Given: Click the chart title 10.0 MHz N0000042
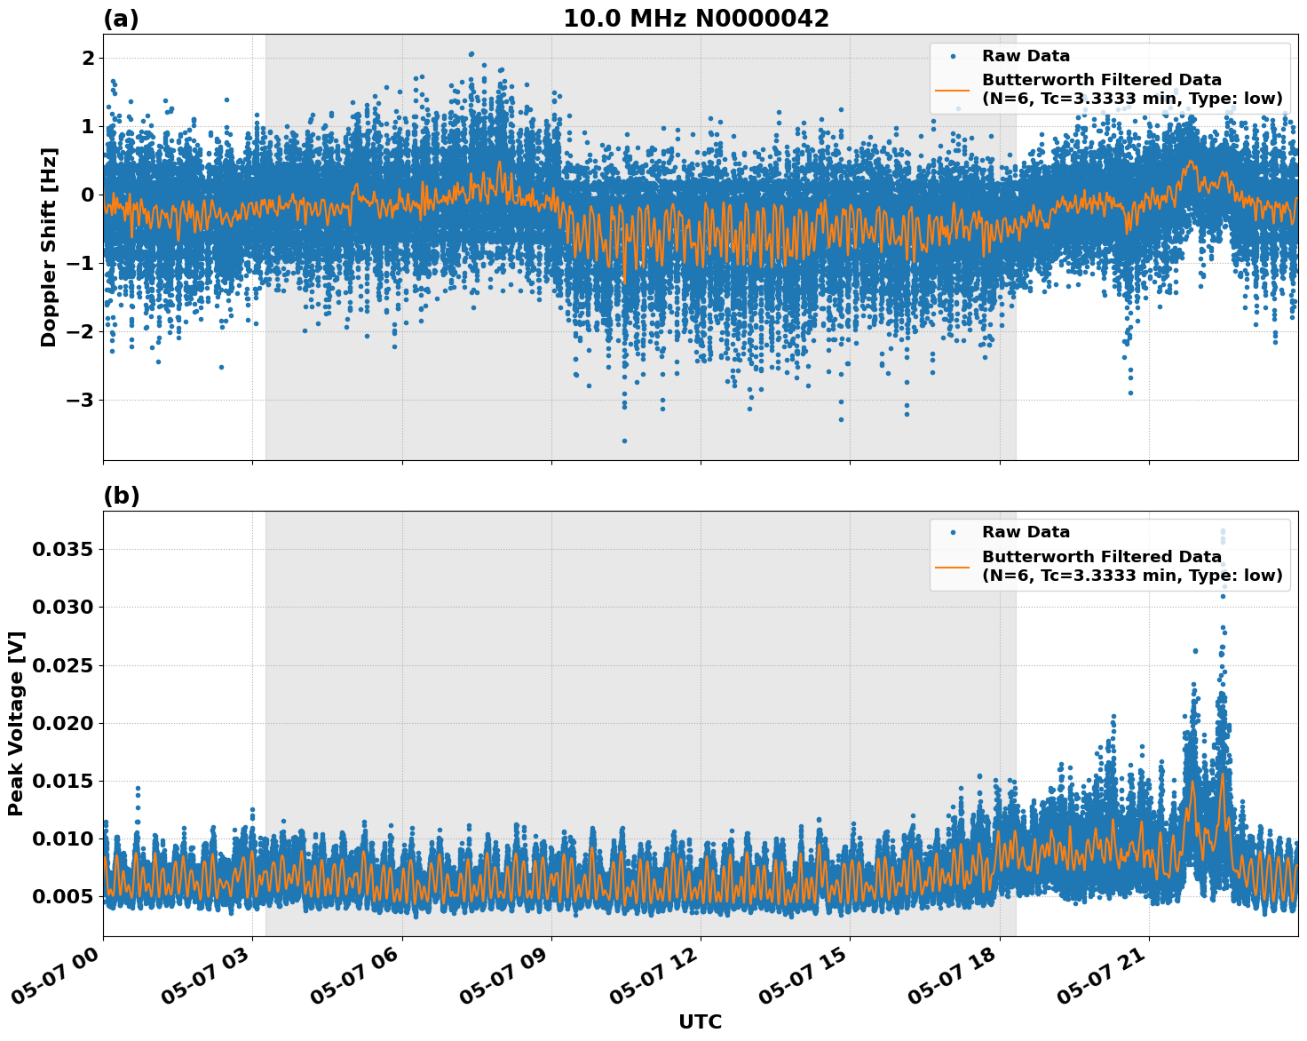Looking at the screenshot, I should (696, 19).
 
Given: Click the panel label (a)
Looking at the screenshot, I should (121, 19).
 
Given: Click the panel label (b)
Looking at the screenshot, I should (121, 496).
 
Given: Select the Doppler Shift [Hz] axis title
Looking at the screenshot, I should (49, 247).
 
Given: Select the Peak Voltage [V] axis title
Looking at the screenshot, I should (16, 723).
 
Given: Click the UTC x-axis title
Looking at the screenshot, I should (700, 1021).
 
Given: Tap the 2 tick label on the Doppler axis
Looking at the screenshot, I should (88, 58).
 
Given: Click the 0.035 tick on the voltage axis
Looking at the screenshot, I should (62, 549).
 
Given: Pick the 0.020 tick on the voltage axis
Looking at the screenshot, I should (62, 723).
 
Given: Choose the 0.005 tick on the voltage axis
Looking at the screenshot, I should (62, 896).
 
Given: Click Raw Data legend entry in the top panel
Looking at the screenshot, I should (1026, 56).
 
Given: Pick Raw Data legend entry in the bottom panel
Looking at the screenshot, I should (1026, 532).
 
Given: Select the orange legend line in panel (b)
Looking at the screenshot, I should (953, 566).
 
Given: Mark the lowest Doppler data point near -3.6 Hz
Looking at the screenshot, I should (624, 441).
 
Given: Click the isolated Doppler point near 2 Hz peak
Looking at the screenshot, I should (471, 54).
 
